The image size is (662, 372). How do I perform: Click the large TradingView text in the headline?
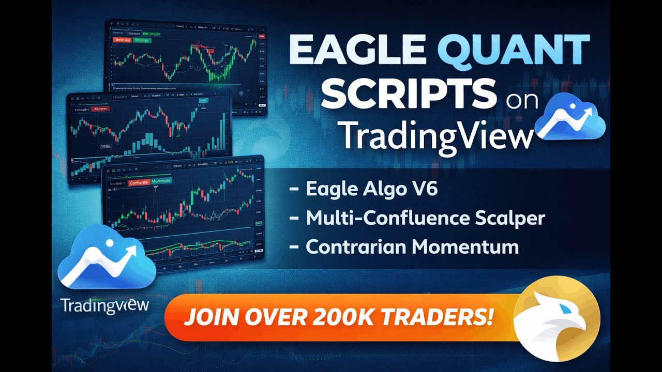click(438, 137)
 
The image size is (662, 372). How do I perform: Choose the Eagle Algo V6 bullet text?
click(372, 189)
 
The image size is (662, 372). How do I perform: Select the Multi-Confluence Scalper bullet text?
click(425, 218)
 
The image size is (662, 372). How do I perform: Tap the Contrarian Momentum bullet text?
click(412, 247)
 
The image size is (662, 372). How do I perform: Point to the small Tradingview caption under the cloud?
click(104, 305)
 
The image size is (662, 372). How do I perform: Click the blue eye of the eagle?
click(567, 308)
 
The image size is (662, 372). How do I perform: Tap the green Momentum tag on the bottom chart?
click(163, 182)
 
